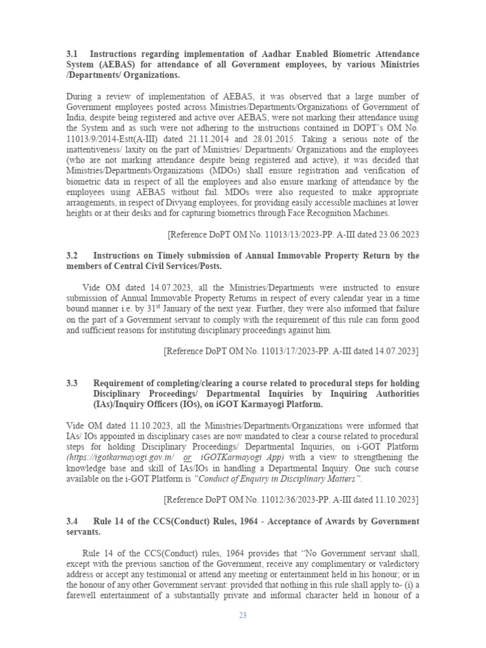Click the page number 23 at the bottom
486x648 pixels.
(x=242, y=616)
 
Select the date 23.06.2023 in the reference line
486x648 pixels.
(x=396, y=234)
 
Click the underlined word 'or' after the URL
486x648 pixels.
(x=187, y=458)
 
